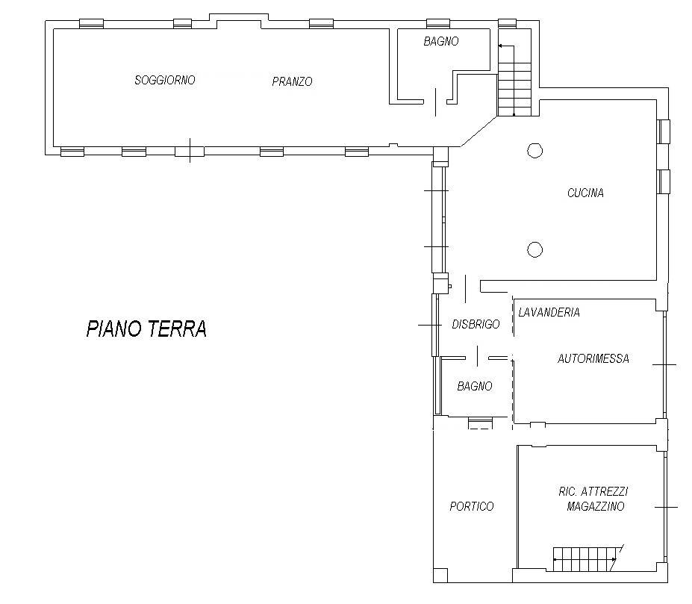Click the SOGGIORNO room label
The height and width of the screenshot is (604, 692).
(x=165, y=80)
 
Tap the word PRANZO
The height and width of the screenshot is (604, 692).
(x=292, y=81)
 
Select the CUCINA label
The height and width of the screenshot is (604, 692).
(x=585, y=193)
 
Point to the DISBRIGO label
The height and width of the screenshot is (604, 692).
(x=476, y=324)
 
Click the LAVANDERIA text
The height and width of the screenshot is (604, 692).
(x=549, y=312)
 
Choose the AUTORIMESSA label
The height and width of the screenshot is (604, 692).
(x=593, y=358)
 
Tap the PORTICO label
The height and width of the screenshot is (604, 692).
(x=471, y=506)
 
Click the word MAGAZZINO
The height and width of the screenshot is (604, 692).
(x=596, y=506)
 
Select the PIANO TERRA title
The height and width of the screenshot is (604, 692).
(x=146, y=329)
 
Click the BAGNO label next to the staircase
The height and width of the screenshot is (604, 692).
(x=441, y=41)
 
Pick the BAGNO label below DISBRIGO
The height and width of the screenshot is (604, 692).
(x=475, y=386)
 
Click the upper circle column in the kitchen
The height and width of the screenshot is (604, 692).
(x=535, y=151)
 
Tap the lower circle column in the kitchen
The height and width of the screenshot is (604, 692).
(x=535, y=249)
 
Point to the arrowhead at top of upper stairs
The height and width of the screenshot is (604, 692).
(x=500, y=46)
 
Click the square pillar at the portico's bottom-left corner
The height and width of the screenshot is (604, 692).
(x=440, y=576)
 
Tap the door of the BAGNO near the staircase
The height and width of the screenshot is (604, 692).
(x=436, y=102)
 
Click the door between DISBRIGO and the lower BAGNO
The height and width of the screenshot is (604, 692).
(x=477, y=356)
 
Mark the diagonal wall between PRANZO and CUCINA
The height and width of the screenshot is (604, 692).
(x=479, y=131)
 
